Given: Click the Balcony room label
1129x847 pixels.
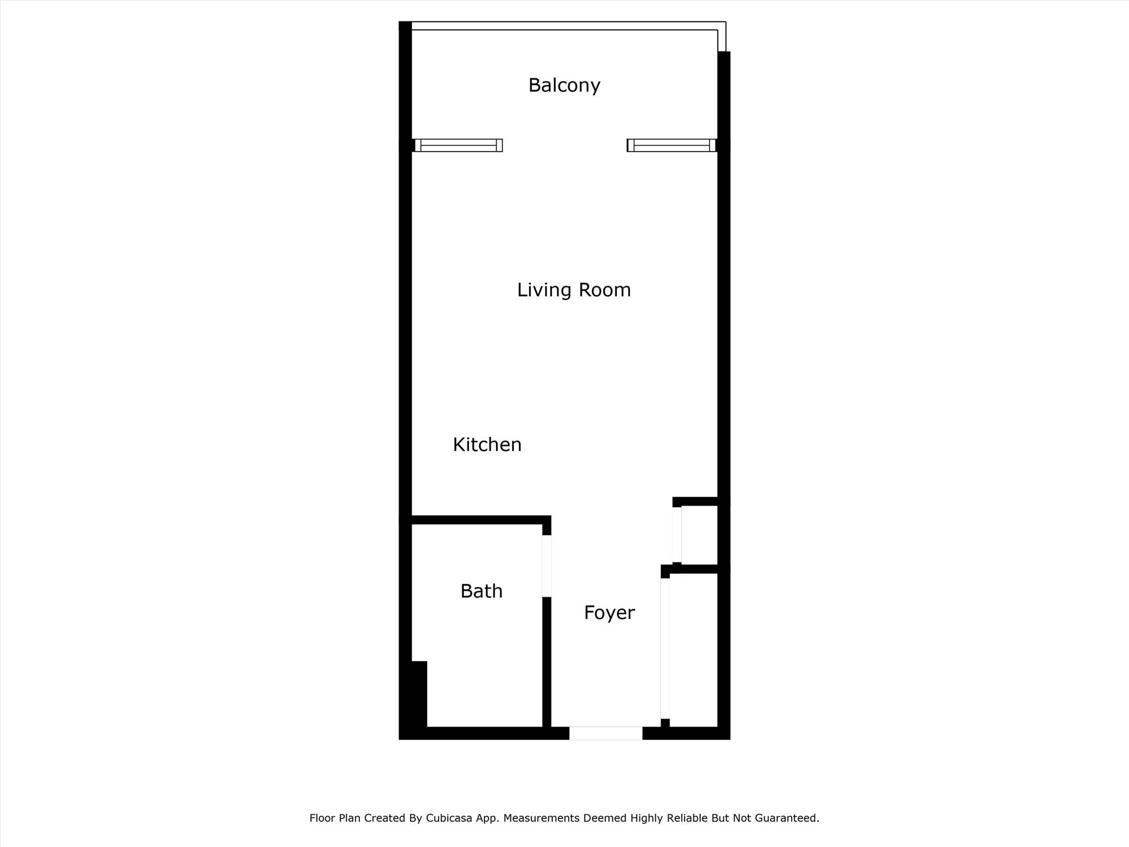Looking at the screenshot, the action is coord(564,85).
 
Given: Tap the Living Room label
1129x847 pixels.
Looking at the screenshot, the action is coord(574,290).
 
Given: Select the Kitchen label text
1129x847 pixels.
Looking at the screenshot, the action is coord(487,444).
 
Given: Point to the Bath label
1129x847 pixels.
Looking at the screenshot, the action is coord(481,591).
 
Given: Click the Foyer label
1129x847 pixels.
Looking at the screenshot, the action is coord(609,613).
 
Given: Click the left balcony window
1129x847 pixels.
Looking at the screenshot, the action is coord(458,145).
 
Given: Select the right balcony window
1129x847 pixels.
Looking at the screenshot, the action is coord(671,145).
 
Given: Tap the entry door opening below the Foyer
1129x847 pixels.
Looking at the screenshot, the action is coord(606,733).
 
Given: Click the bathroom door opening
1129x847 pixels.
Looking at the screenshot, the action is coord(547,566).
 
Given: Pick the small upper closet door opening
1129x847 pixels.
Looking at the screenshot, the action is coord(677,534).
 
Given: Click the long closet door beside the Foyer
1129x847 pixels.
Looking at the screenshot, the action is coord(665,648).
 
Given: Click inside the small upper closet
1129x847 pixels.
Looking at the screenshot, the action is coord(699,535).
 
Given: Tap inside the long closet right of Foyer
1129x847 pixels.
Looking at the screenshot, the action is coord(693,650).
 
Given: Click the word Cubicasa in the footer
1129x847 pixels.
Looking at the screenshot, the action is coord(449,818).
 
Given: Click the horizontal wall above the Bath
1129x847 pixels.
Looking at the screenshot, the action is coord(475,520).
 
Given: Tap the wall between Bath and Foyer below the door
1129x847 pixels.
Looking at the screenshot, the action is coord(547,662).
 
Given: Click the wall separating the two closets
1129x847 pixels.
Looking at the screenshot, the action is coord(696,569).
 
